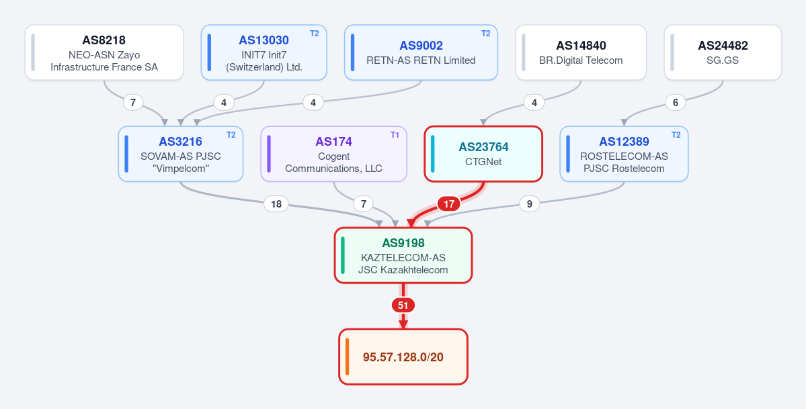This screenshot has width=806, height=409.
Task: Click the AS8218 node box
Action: click(x=104, y=52)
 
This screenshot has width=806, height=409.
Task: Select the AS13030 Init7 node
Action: click(x=264, y=52)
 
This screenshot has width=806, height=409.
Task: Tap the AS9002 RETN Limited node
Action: click(x=421, y=52)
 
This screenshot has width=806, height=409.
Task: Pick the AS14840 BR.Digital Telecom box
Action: click(x=581, y=52)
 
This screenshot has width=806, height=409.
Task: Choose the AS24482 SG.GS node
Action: click(x=723, y=52)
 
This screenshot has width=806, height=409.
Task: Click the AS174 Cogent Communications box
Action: click(x=333, y=154)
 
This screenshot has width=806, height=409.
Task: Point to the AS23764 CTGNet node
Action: click(x=483, y=154)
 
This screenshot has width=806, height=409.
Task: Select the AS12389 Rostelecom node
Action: click(x=624, y=154)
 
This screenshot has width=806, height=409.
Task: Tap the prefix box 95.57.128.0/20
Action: click(x=403, y=357)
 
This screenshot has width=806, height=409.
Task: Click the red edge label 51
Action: click(x=403, y=305)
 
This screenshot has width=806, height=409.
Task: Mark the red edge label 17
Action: click(x=449, y=204)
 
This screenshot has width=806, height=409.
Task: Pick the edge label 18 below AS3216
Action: click(x=276, y=204)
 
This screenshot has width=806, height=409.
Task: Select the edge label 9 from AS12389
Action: click(x=530, y=204)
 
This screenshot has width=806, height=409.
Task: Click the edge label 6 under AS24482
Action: click(x=676, y=102)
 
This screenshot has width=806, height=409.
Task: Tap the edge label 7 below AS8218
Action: click(x=133, y=102)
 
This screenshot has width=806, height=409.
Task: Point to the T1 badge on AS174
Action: click(x=395, y=134)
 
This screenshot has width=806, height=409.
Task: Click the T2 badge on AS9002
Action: click(x=486, y=34)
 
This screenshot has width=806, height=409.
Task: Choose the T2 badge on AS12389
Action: click(x=676, y=134)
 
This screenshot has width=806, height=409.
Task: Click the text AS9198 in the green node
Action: click(x=403, y=243)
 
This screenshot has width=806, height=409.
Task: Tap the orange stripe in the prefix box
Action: click(x=348, y=357)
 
